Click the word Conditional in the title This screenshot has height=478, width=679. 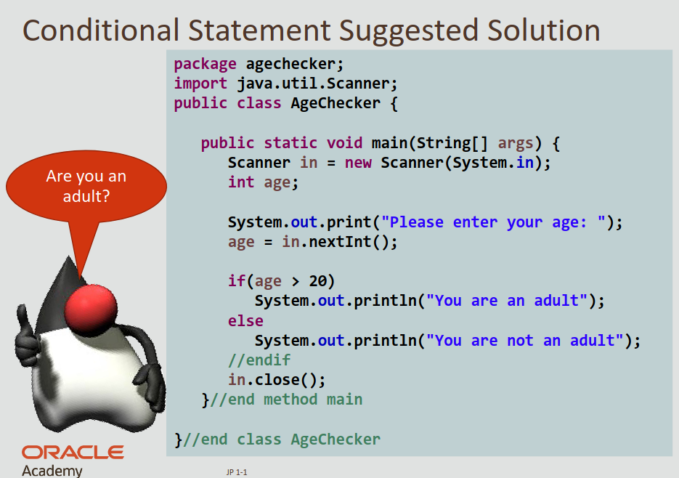101,31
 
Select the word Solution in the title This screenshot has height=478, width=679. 543,31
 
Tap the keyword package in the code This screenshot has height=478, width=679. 206,65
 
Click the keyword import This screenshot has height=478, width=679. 200,84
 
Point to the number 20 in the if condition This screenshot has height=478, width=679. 317,281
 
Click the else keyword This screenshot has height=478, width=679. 245,320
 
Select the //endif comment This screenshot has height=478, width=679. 259,360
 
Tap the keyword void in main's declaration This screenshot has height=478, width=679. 344,143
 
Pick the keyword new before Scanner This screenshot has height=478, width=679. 358,163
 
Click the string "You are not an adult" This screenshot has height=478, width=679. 525,340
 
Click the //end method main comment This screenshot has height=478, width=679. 286,400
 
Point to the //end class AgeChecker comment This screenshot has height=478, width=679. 282,439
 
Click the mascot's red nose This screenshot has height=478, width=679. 91,308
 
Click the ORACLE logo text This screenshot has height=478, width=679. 73,453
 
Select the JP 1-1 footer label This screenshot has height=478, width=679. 237,472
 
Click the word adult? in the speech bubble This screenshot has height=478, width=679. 86,196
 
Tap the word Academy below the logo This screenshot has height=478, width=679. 52,471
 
